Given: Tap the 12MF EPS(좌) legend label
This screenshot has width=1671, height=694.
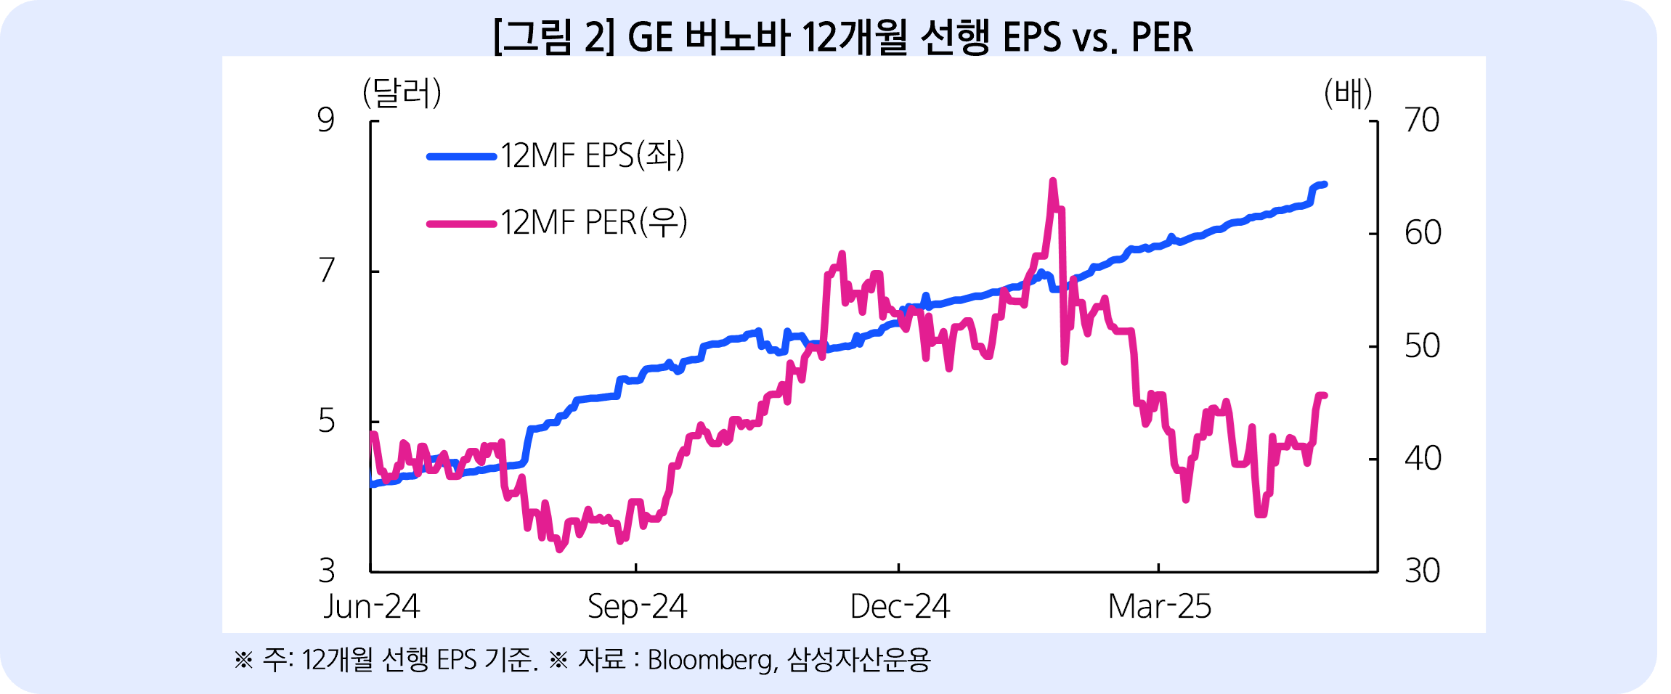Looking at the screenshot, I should [x=592, y=155].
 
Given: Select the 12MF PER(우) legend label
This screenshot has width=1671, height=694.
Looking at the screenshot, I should [x=593, y=222].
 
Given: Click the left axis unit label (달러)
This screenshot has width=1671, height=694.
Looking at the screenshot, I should [x=402, y=94].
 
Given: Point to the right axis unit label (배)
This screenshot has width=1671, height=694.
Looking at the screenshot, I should [x=1348, y=94].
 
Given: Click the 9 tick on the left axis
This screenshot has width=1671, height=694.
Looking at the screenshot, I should [x=326, y=121].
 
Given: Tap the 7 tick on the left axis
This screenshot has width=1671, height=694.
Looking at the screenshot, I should [x=327, y=271].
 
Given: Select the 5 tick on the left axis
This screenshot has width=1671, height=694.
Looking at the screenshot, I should [x=327, y=421].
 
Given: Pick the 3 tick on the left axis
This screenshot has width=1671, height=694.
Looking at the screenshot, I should [x=327, y=571].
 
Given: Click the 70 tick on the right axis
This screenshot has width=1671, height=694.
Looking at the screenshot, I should [x=1422, y=121].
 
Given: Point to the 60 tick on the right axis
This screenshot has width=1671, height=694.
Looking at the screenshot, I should [x=1423, y=233].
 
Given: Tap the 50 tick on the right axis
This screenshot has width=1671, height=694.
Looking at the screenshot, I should [x=1423, y=346].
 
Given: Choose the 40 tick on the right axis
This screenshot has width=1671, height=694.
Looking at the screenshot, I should [x=1423, y=459].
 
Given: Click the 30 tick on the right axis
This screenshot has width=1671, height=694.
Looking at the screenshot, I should [x=1422, y=571].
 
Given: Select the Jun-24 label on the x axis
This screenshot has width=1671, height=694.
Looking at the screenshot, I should [x=372, y=607].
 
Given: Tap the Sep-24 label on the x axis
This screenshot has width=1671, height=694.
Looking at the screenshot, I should [x=637, y=607].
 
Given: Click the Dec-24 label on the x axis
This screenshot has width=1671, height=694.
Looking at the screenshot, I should [x=900, y=607].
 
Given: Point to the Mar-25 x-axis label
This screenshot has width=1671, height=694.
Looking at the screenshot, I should [x=1160, y=607].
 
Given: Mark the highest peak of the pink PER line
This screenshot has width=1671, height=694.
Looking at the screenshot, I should [x=1052, y=181].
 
